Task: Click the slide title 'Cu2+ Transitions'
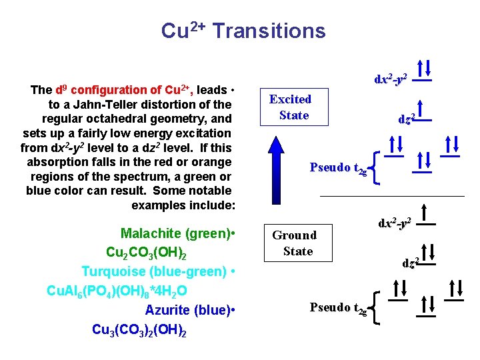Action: click(243, 31)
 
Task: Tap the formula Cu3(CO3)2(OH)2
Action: click(139, 329)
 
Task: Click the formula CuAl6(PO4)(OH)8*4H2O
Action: click(117, 291)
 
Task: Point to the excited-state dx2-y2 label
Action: click(391, 79)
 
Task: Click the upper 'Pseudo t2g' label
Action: click(338, 168)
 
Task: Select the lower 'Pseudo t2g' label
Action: click(338, 307)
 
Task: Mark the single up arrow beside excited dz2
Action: click(421, 111)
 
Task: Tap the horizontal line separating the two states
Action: click(392, 197)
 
